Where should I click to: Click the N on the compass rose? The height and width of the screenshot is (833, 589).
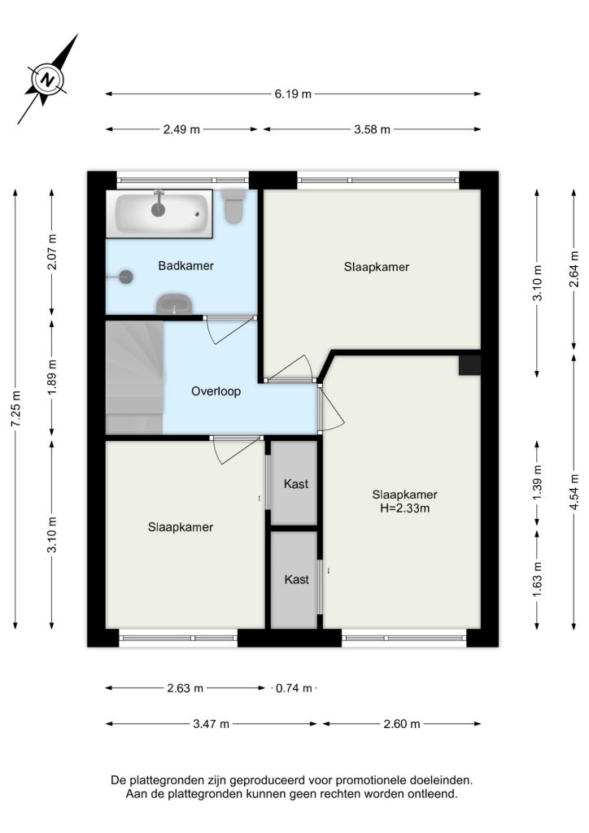(48, 81)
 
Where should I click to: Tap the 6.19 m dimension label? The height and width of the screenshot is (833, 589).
(293, 94)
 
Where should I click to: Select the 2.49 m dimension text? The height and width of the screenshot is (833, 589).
(181, 129)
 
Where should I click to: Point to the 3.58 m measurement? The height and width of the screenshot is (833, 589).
(373, 129)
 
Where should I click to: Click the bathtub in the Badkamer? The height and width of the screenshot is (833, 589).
(159, 214)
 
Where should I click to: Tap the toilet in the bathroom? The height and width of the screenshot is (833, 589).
(233, 206)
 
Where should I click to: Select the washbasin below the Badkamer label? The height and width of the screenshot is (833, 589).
(174, 304)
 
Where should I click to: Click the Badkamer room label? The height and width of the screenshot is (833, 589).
(185, 266)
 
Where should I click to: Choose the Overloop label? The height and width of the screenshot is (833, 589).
(216, 391)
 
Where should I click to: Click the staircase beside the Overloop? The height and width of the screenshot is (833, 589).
(134, 377)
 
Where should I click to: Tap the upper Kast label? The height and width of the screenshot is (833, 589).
(296, 484)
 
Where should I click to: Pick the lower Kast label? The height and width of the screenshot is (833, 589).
(296, 579)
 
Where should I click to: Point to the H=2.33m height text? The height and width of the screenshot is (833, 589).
(404, 508)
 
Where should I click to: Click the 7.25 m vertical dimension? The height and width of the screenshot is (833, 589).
(16, 409)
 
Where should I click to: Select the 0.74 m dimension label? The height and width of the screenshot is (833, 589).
(294, 688)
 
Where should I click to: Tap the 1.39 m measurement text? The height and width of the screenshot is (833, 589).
(538, 482)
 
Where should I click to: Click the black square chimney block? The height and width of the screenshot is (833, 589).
(470, 365)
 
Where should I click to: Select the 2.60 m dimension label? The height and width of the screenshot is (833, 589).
(402, 724)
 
